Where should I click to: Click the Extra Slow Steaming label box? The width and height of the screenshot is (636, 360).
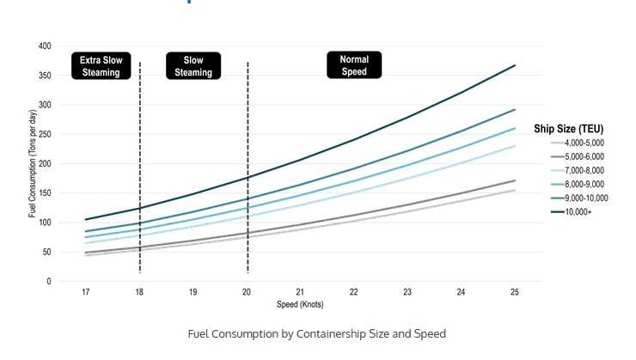[x=101, y=66]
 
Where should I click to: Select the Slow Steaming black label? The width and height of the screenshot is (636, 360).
[x=193, y=66]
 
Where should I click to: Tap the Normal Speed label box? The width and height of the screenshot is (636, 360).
[x=354, y=65]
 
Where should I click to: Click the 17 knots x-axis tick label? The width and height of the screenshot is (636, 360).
[x=86, y=292]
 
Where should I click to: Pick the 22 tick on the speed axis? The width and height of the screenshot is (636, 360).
[x=353, y=292]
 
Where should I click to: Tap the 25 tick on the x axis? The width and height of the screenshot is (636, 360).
[x=514, y=292]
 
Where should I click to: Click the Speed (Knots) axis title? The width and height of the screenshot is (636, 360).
[x=300, y=304]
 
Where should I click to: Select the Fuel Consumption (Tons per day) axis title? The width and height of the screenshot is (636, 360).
[x=33, y=164]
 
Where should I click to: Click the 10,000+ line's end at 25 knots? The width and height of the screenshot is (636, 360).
[x=514, y=65]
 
